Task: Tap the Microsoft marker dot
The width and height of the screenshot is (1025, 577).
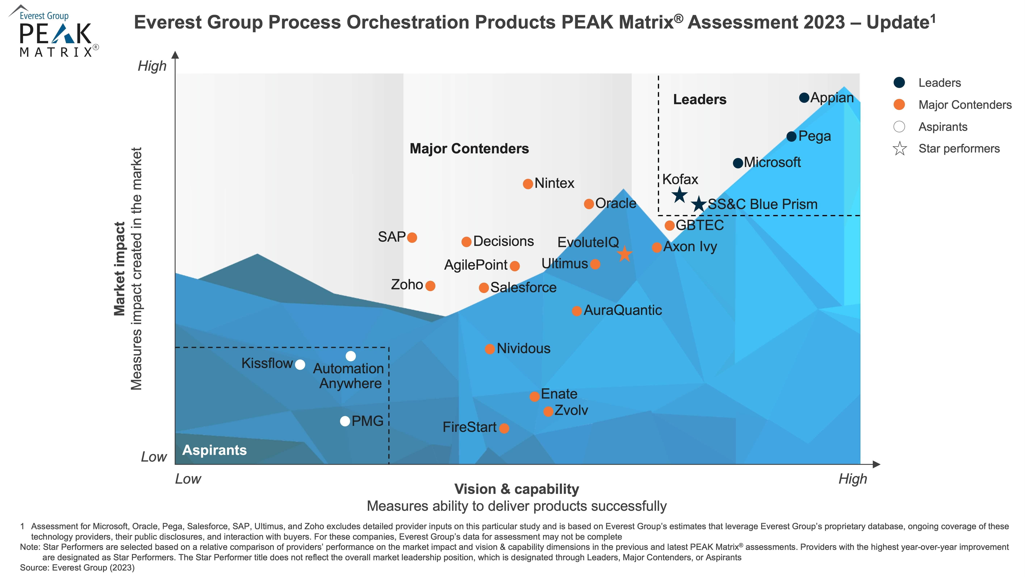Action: pos(738,163)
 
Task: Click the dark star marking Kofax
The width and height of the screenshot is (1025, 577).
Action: pos(680,195)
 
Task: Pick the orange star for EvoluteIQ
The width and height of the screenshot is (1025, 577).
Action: pos(625,254)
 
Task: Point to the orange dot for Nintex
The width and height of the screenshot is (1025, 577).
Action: pos(528,184)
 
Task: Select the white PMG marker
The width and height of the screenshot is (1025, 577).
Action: pos(345,421)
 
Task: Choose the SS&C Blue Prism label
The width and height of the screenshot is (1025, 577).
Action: pos(762,204)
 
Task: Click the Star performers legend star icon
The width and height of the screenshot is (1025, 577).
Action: pos(899,149)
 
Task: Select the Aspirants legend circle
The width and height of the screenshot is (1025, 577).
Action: pos(899,127)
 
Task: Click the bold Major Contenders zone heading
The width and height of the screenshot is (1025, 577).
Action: pos(469,148)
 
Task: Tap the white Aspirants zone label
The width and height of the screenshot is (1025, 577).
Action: pos(214,450)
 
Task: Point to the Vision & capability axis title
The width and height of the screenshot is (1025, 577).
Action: pos(516,489)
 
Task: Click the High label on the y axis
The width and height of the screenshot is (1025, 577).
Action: pos(152,66)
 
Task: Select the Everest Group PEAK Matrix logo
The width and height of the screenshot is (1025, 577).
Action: pos(54,32)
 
